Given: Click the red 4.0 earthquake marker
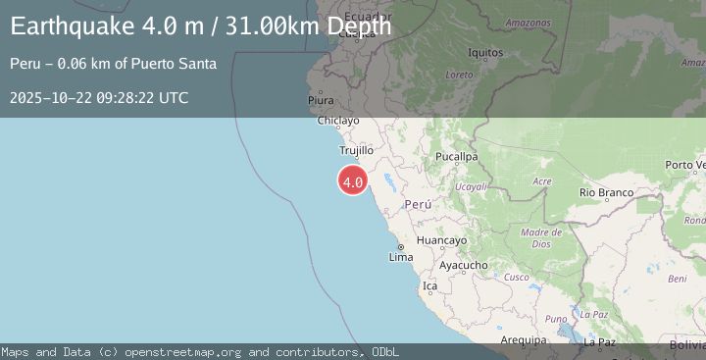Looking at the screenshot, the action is click(353, 181).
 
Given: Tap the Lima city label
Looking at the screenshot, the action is click(401, 257).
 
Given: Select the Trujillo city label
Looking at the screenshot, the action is click(356, 151).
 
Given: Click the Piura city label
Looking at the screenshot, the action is click(321, 100).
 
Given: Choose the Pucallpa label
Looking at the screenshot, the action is click(457, 156).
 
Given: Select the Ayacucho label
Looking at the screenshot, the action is click(463, 265).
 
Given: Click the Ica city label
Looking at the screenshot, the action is click(429, 286).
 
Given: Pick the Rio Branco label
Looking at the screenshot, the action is click(606, 192).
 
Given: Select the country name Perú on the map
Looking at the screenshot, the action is click(418, 204).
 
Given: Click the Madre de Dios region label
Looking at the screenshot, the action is click(541, 237).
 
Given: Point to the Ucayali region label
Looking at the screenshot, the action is click(472, 185).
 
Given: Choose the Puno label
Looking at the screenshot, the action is click(556, 319).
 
